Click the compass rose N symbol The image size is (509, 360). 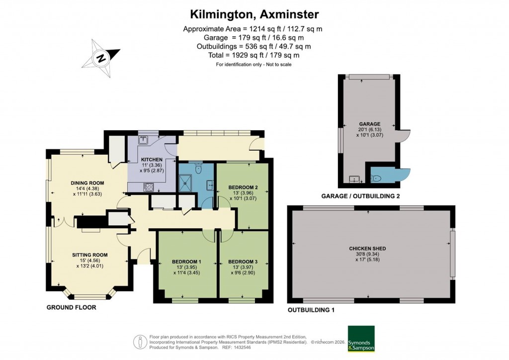[x=101, y=58]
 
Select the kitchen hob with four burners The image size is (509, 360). [x=148, y=187]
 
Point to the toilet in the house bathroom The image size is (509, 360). [x=199, y=170]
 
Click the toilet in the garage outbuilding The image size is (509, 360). [x=376, y=178]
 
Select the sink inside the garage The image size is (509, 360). [x=354, y=179]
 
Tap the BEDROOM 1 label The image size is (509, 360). [x=186, y=262]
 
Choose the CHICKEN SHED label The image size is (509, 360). [x=367, y=249]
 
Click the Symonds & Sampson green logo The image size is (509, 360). [x=361, y=339]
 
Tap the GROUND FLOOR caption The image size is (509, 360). [x=71, y=308]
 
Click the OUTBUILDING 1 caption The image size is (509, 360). [x=311, y=310]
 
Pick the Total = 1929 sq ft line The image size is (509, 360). [x=253, y=55]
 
